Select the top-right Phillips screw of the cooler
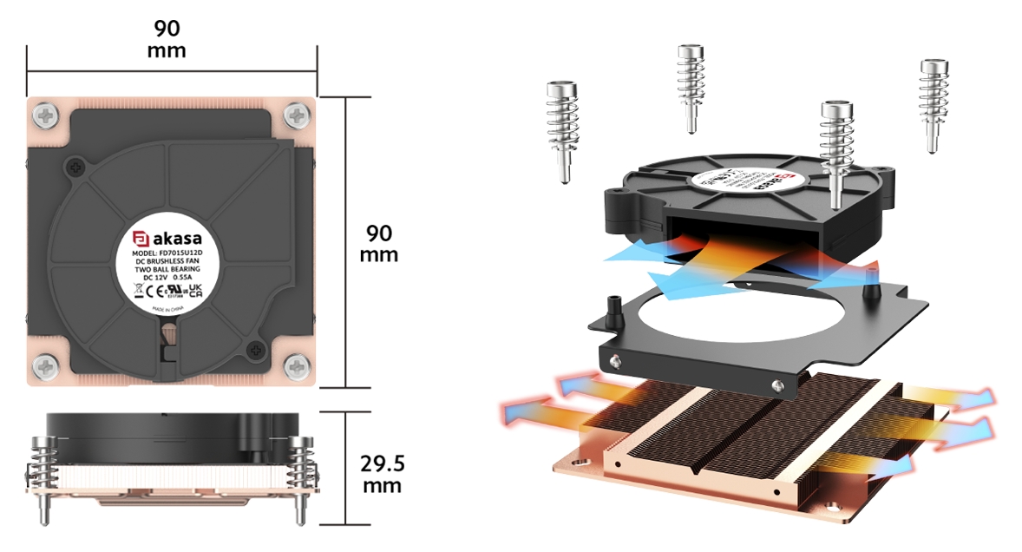tap(298, 114)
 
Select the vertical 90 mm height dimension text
tap(378, 244)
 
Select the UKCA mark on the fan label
tap(195, 289)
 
